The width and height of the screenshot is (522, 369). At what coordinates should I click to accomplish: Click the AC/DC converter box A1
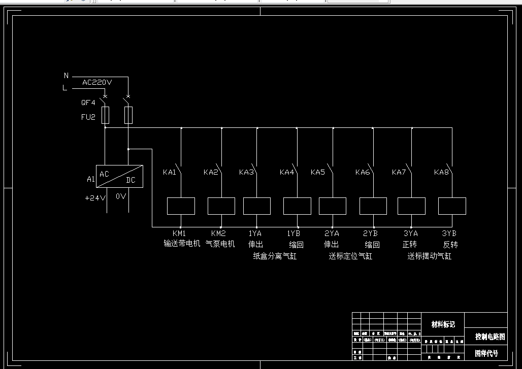click(119, 176)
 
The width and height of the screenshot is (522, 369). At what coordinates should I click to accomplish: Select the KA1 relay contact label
click(170, 172)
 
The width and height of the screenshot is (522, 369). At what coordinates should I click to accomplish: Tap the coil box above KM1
click(181, 206)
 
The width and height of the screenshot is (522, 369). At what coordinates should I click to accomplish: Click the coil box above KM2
click(221, 206)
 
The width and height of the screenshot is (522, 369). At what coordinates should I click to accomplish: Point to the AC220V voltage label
click(97, 82)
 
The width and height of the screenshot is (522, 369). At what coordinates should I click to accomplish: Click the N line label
click(66, 76)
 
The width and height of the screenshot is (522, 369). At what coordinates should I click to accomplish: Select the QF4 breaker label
click(88, 102)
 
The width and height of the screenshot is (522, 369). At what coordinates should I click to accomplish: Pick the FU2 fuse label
click(88, 117)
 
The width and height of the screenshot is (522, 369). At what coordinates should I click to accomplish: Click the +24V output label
click(95, 197)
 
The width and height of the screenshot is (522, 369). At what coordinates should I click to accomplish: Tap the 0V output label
click(121, 196)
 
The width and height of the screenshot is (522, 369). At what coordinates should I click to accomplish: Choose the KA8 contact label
click(441, 172)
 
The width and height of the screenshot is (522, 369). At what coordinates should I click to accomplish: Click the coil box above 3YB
click(452, 206)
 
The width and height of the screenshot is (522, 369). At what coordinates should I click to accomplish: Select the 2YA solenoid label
click(332, 233)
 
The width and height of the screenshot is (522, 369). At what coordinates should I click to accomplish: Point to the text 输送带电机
click(182, 244)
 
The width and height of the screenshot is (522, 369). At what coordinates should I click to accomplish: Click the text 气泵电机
click(220, 244)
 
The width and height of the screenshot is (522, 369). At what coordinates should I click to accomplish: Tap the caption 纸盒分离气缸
click(275, 256)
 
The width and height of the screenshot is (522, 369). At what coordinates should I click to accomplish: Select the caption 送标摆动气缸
click(429, 256)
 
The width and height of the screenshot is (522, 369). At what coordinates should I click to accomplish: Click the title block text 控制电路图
click(490, 337)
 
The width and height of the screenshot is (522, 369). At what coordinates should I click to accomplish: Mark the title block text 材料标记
click(443, 324)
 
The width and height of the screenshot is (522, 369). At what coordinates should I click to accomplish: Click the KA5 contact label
click(318, 172)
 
